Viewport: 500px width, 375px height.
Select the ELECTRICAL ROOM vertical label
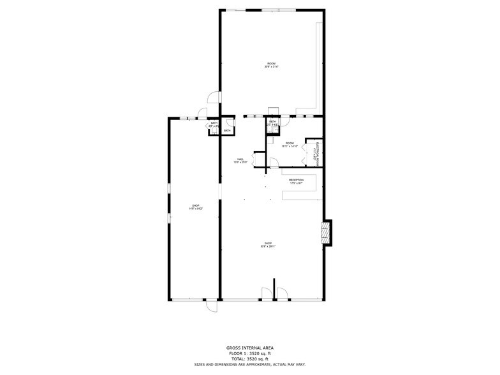(317, 154)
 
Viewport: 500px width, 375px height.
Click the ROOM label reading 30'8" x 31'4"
(272, 64)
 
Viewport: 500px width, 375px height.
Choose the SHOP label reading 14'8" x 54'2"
(196, 207)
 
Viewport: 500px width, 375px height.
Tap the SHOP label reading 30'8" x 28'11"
(268, 244)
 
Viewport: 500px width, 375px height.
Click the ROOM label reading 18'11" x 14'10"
(290, 145)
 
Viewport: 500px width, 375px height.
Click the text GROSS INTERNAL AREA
(250, 348)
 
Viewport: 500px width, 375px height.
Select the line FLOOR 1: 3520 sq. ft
(250, 353)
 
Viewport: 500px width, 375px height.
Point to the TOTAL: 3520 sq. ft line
(250, 358)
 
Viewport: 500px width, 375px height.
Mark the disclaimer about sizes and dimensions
(250, 364)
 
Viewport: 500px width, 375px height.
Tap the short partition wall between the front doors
(274, 288)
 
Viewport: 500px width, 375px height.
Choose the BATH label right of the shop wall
(214, 124)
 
